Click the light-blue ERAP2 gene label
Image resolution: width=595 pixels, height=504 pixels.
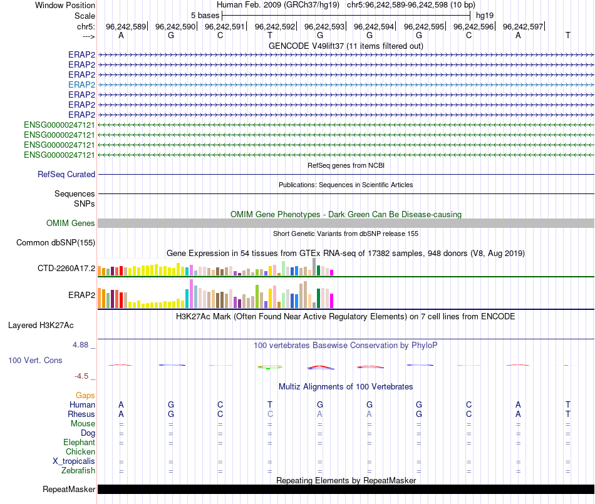[81, 85]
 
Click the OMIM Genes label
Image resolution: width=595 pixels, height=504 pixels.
[71, 223]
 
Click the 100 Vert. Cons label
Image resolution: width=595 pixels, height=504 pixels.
[35, 360]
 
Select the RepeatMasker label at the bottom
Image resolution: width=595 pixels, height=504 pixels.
[69, 489]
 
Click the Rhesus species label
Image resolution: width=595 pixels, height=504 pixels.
[81, 414]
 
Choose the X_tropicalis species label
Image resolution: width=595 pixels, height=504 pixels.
[74, 461]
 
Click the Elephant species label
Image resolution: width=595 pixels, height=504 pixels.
[79, 442]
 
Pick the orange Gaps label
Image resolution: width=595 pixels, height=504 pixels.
[85, 395]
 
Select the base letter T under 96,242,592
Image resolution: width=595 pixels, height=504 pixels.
[270, 35]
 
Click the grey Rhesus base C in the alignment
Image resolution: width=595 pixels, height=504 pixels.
[270, 414]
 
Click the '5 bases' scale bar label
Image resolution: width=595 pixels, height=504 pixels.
[205, 14]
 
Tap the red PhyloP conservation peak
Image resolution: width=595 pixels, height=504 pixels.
[319, 367]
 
